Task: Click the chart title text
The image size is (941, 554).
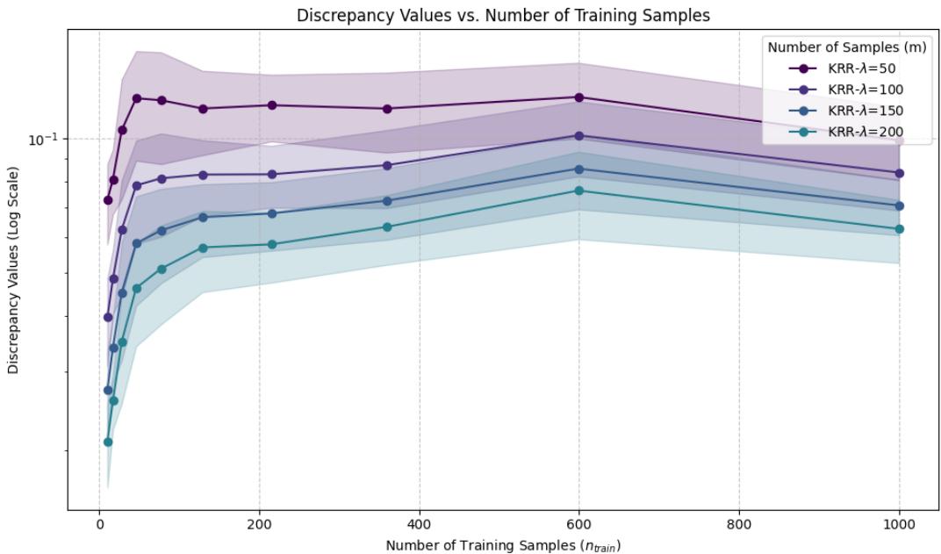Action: [503, 15]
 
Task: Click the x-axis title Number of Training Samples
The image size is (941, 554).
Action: [503, 545]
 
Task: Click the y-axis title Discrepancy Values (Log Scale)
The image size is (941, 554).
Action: [13, 264]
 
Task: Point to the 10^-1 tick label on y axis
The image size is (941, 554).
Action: [43, 139]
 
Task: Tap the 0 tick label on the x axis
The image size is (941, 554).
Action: [99, 525]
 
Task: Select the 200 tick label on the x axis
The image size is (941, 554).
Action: [259, 525]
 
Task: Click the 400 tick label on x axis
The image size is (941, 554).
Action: [419, 525]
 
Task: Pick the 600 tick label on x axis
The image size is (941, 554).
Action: [578, 525]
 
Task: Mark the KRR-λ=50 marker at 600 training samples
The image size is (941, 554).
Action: [578, 97]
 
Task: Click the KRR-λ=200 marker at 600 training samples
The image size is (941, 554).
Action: [578, 191]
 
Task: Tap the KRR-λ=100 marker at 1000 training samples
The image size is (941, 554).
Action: [899, 173]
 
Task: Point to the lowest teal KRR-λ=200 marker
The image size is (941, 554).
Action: [108, 442]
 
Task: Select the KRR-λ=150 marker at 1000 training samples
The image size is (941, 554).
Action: [899, 205]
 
